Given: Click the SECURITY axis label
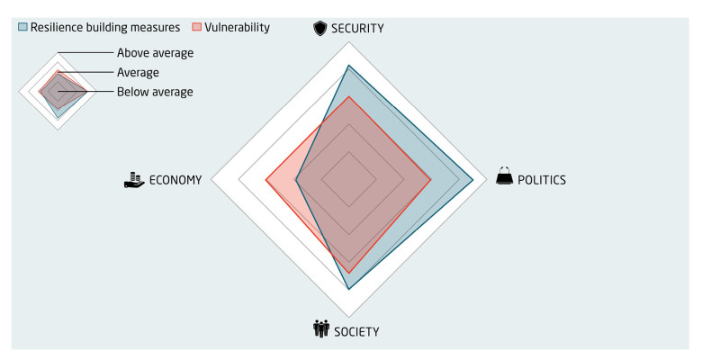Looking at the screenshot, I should (358, 29).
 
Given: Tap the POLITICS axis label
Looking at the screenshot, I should (542, 180).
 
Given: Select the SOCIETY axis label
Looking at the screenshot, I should (356, 331).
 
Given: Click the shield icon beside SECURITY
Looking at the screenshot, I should (319, 29).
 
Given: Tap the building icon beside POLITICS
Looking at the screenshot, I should (505, 177).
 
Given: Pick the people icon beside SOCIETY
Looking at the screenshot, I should (321, 329).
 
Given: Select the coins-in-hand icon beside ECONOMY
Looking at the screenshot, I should (134, 180).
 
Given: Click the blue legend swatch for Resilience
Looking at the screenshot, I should (22, 27).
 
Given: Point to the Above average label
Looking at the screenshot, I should (155, 52).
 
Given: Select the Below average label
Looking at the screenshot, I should (154, 92).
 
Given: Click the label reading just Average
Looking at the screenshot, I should (138, 72).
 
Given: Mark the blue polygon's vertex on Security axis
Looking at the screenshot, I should (348, 66).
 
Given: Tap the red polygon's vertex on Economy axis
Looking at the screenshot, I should (265, 180).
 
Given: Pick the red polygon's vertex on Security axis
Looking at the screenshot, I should (348, 96).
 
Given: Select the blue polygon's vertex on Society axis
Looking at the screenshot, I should (348, 290).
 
